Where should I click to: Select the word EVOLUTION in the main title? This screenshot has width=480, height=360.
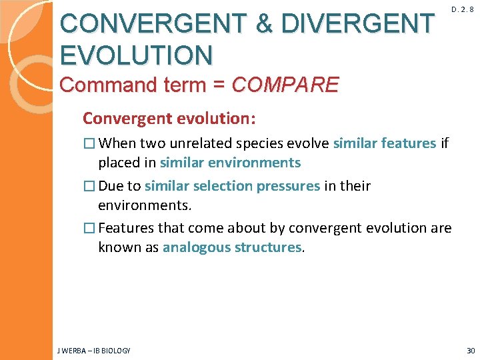pos(136,55)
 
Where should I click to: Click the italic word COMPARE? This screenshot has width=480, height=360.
pos(285,85)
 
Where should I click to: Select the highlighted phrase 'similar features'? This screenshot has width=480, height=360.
pos(385,143)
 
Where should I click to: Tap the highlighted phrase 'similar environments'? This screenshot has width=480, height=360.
pos(230,163)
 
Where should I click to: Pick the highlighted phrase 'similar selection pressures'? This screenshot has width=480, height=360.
pos(232,186)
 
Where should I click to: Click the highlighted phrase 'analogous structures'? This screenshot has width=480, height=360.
pos(232,247)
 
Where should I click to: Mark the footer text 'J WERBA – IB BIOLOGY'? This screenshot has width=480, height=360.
pos(93,351)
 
